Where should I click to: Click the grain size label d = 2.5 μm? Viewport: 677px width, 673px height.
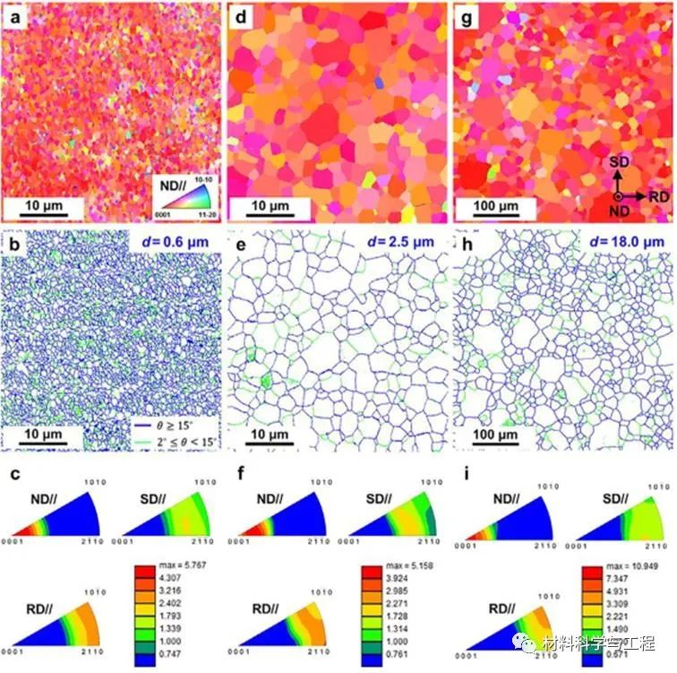tap(401, 240)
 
